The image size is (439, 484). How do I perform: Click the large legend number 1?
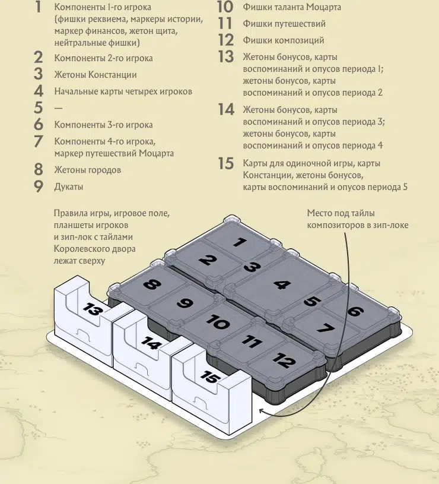click(x=38, y=7)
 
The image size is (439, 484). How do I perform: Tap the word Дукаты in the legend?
click(x=68, y=186)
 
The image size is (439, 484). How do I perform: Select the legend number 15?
click(x=226, y=163)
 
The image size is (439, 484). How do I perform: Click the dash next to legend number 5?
click(x=58, y=108)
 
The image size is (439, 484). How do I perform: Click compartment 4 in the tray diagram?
click(x=282, y=284)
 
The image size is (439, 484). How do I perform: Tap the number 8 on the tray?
click(x=152, y=284)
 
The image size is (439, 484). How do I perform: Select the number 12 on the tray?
click(x=284, y=360)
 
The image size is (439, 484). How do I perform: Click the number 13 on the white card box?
click(x=91, y=309)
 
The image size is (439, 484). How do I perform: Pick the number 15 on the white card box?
click(x=210, y=377)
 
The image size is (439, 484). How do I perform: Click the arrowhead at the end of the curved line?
click(x=262, y=411)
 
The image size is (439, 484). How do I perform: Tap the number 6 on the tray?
click(x=355, y=311)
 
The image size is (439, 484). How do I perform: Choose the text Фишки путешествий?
click(x=284, y=24)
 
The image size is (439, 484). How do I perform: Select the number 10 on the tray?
click(x=218, y=322)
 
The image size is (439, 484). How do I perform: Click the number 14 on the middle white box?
click(x=151, y=343)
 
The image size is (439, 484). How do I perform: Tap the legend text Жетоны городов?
click(x=88, y=170)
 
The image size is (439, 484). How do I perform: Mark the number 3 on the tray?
click(x=252, y=267)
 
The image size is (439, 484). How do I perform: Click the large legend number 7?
click(x=38, y=141)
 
